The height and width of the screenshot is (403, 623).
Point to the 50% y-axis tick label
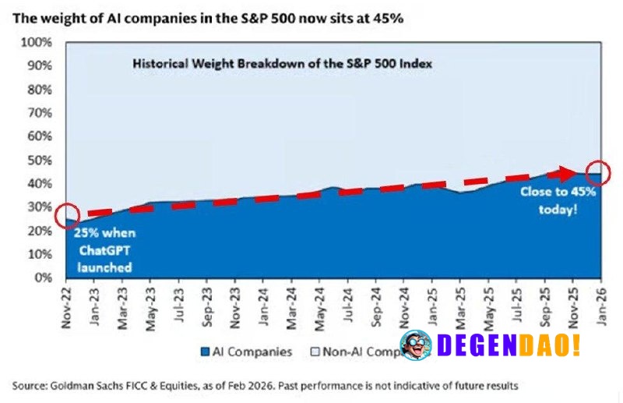[x=39, y=160]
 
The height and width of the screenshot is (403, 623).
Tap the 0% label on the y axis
[x=43, y=277]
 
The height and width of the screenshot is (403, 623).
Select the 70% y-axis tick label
[x=39, y=112]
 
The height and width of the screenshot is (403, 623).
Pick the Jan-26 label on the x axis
[x=600, y=302]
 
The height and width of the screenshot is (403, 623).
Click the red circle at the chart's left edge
[x=67, y=216]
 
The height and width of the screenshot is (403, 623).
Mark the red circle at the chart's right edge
[x=598, y=173]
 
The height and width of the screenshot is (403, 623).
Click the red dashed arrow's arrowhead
[x=566, y=174]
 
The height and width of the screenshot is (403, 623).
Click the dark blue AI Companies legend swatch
[x=206, y=352]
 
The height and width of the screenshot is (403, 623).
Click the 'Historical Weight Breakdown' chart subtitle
[x=281, y=64]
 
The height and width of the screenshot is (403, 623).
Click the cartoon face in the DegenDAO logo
[x=416, y=345]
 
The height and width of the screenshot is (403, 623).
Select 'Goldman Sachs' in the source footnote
[x=93, y=386]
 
